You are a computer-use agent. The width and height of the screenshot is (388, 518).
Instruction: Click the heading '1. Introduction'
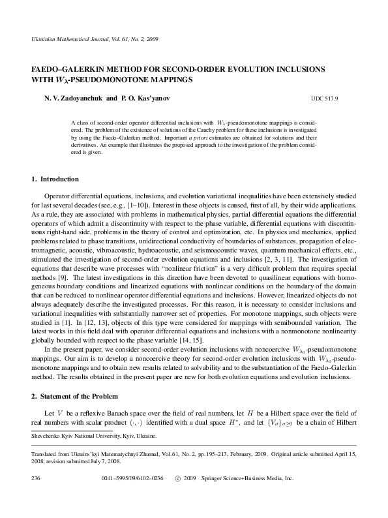pos(55,179)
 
